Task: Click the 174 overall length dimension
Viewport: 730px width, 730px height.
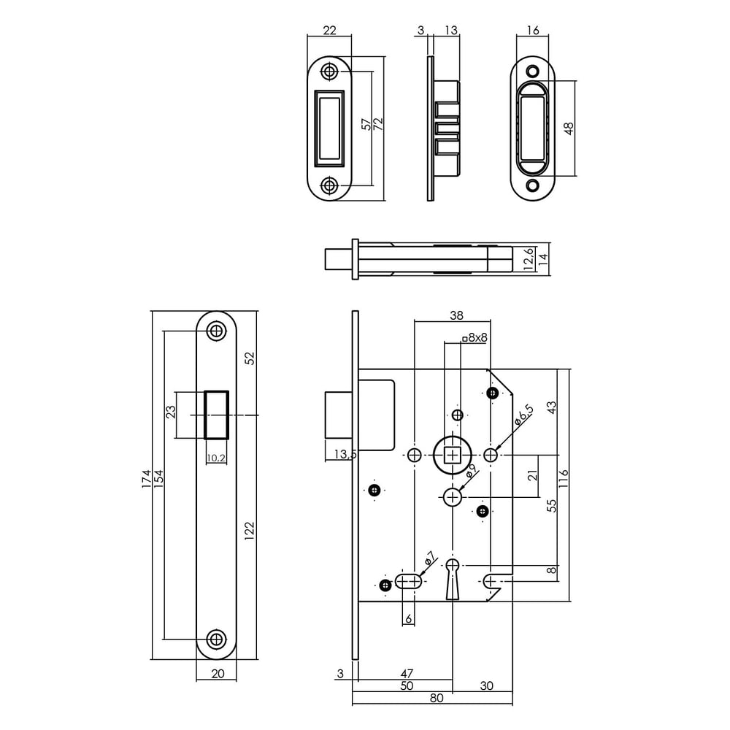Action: point(147,478)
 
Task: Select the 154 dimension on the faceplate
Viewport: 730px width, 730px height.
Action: point(159,478)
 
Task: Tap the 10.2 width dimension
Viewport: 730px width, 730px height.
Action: point(215,458)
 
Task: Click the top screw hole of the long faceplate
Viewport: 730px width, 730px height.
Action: point(215,331)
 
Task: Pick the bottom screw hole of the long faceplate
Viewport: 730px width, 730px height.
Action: point(215,639)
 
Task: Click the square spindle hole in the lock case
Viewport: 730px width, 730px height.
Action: point(453,456)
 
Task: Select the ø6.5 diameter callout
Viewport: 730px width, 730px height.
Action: point(523,414)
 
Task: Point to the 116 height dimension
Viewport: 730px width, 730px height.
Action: point(563,478)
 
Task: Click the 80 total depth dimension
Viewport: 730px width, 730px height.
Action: point(436,698)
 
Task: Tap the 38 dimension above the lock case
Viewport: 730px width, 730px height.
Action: point(456,315)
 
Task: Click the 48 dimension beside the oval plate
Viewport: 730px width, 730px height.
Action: point(569,128)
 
